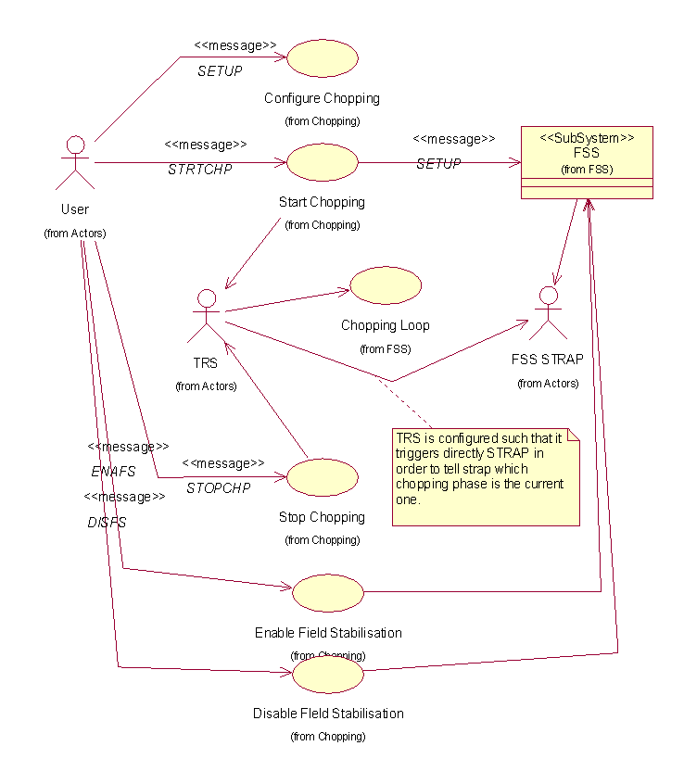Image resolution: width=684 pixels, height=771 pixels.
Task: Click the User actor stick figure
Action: point(75,163)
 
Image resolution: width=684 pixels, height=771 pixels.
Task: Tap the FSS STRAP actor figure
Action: point(548,313)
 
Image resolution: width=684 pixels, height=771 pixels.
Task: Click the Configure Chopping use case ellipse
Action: point(323,58)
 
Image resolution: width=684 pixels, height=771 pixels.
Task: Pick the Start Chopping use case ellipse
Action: point(323,162)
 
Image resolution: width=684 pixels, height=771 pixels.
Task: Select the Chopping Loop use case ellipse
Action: point(386,285)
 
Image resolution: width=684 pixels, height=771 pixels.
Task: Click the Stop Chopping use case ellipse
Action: point(323,476)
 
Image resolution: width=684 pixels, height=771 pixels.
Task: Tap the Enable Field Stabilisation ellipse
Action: point(328,591)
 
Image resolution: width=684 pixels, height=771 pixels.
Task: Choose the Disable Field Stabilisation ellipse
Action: point(328,674)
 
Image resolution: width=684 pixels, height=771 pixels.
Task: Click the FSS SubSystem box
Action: point(587,162)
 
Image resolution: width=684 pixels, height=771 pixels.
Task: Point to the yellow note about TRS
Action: point(486,476)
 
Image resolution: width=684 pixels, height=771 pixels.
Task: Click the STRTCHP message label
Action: point(200,170)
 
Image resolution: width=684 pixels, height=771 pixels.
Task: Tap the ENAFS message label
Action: point(113,472)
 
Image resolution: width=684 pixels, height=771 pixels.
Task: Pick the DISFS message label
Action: point(107,523)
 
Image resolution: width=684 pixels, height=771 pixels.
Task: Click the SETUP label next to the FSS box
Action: point(438,164)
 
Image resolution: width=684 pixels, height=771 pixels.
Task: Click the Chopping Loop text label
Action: point(385,326)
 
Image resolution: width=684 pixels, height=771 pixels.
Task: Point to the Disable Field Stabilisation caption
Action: point(328,714)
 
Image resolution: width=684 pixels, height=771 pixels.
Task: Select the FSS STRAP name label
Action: point(548,360)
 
